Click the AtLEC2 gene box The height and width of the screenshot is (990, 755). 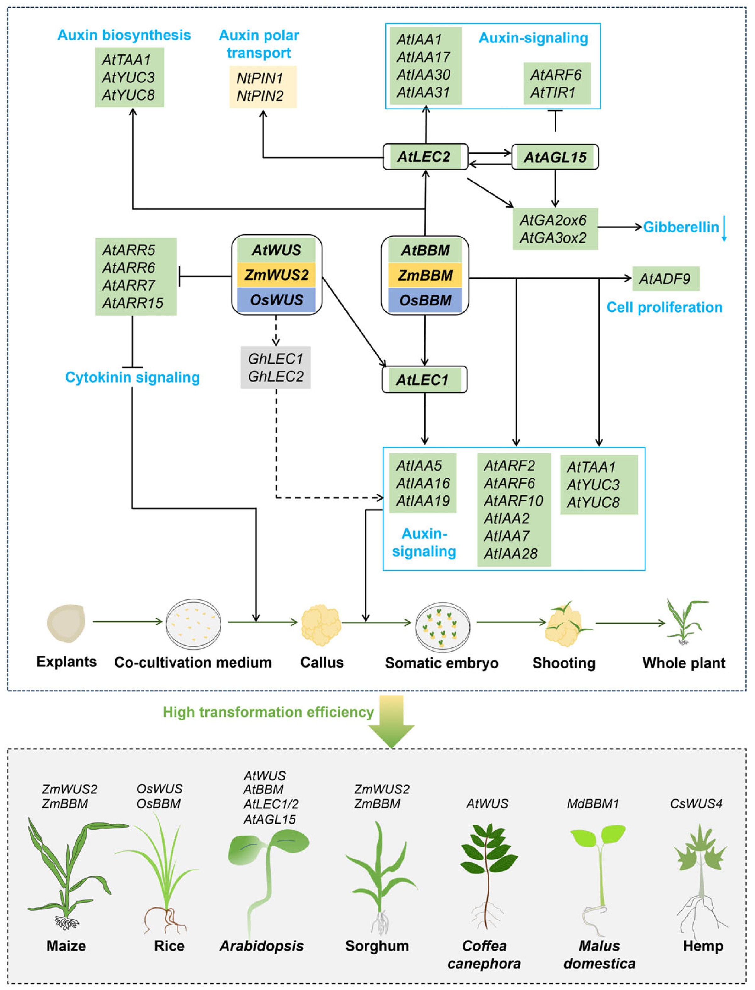click(425, 157)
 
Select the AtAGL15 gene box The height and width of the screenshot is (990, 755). click(555, 157)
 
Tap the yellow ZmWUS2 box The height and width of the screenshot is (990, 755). click(277, 275)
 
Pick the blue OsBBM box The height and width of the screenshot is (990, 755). click(425, 300)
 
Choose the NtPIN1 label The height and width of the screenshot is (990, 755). click(260, 78)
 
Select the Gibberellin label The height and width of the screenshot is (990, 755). click(680, 227)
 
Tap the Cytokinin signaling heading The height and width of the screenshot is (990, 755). click(132, 377)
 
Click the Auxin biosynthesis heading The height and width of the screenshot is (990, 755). click(124, 35)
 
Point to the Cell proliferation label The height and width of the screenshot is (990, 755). click(664, 307)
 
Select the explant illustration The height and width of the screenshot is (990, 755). click(66, 623)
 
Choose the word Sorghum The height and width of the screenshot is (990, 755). click(377, 946)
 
